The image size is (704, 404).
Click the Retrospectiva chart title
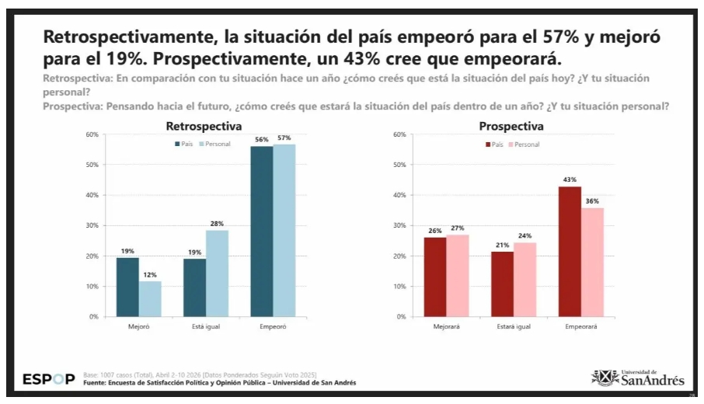tap(204, 126)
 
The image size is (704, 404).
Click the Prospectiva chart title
tap(511, 126)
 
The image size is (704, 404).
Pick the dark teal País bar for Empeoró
tap(262, 231)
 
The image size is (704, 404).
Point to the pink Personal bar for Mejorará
tap(458, 275)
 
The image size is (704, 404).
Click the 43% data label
tap(570, 179)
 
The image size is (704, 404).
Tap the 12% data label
tap(150, 273)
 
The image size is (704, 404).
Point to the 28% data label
tap(217, 224)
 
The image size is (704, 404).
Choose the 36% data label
tap(593, 201)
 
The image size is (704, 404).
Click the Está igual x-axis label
tap(206, 326)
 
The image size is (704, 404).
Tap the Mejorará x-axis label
tap(447, 326)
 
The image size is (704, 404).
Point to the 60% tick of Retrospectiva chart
tap(92, 134)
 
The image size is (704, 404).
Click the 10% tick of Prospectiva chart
tap(399, 287)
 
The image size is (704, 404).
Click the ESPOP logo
tap(49, 380)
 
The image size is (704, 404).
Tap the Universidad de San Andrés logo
tap(638, 378)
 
